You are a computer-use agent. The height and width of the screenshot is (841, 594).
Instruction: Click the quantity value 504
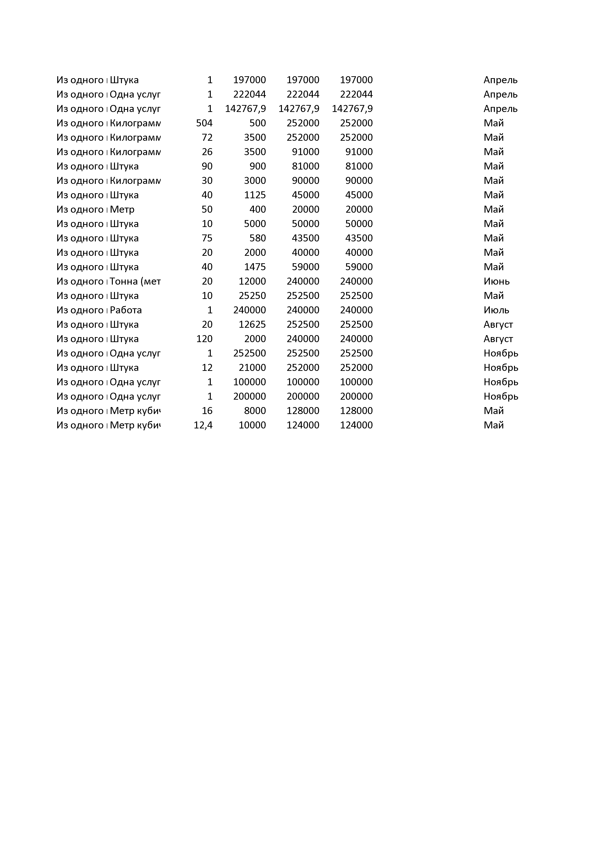[x=204, y=123]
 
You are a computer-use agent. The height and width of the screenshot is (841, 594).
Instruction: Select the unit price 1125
[x=255, y=195]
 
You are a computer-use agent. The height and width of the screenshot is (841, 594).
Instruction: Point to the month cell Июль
[x=496, y=310]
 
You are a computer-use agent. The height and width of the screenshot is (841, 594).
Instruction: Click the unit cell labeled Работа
[x=126, y=310]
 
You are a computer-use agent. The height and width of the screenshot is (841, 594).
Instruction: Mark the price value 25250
[x=252, y=296]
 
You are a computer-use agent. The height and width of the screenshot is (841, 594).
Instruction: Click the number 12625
[x=252, y=325]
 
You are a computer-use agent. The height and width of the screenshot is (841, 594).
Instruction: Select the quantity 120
[x=204, y=339]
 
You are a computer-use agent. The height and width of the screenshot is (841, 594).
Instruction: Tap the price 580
[x=258, y=238]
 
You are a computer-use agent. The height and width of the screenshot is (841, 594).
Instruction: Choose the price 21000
[x=252, y=367]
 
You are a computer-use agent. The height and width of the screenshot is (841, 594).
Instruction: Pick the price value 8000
[x=255, y=411]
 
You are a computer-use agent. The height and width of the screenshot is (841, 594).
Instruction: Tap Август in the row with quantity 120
[x=498, y=339]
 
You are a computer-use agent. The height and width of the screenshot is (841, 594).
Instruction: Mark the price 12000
[x=252, y=281]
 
